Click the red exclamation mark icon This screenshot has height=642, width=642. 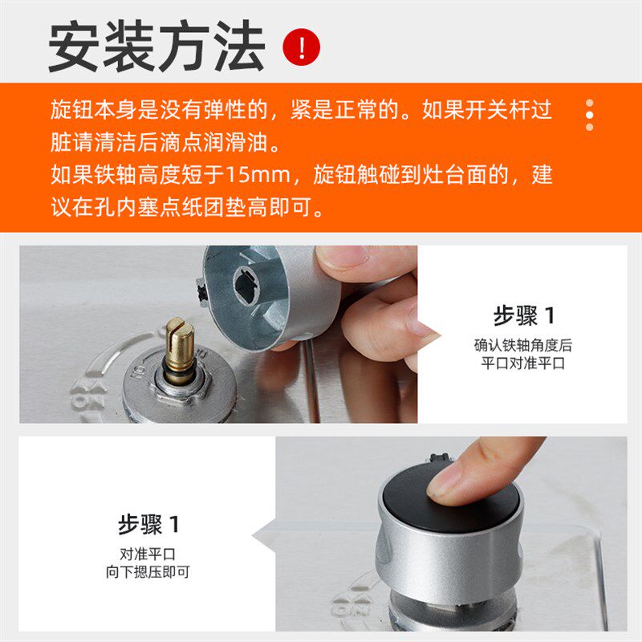point(301,48)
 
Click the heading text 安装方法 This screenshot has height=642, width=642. point(156,47)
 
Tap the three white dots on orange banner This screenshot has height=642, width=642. point(590,115)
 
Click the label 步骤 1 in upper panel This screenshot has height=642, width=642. point(522,315)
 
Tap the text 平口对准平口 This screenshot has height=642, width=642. point(522,363)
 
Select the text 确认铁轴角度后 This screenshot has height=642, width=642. point(522,345)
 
